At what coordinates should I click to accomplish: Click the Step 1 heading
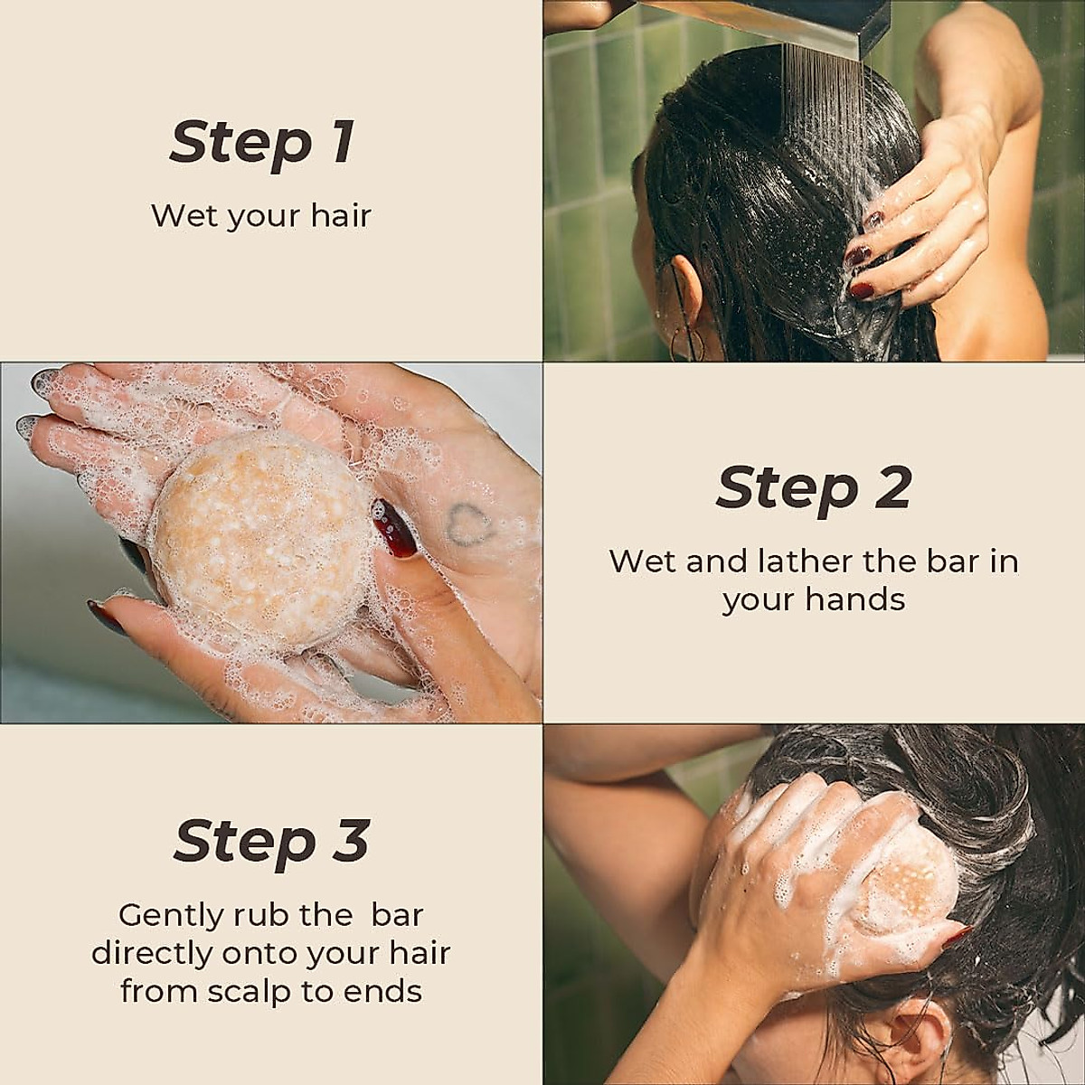[x=261, y=143]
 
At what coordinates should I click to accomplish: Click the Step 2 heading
[x=813, y=488]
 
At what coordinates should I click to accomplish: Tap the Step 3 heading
[x=271, y=841]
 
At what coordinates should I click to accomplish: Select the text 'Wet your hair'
[x=261, y=216]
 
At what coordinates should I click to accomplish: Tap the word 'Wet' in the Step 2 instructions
[x=642, y=561]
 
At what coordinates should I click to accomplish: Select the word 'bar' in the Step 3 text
[x=397, y=916]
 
